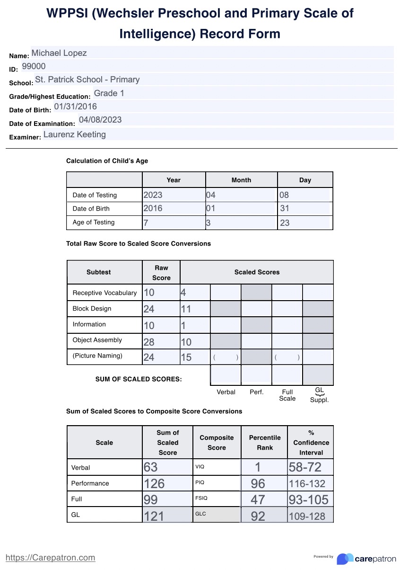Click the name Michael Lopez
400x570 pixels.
(x=59, y=53)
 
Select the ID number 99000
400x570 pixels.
(x=34, y=66)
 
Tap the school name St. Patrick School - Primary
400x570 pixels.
(x=87, y=80)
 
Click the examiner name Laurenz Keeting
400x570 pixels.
(x=75, y=134)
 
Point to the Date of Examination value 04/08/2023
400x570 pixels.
(x=100, y=120)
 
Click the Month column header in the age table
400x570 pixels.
(x=241, y=180)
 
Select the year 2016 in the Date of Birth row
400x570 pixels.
(x=153, y=208)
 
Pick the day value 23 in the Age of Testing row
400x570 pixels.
(x=285, y=223)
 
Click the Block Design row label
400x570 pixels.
(x=92, y=309)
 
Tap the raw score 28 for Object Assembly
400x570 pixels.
(x=149, y=342)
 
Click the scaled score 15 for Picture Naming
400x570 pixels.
(x=186, y=357)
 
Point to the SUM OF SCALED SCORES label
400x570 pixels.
(x=139, y=379)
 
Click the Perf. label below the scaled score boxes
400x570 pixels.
(x=257, y=392)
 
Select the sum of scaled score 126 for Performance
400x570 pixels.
(x=154, y=483)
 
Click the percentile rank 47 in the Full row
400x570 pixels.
(x=258, y=499)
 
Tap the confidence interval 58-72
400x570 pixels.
(x=305, y=467)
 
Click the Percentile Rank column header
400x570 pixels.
(x=265, y=442)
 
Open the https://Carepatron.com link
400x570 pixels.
(x=50, y=558)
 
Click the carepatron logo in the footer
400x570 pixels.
(x=366, y=559)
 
